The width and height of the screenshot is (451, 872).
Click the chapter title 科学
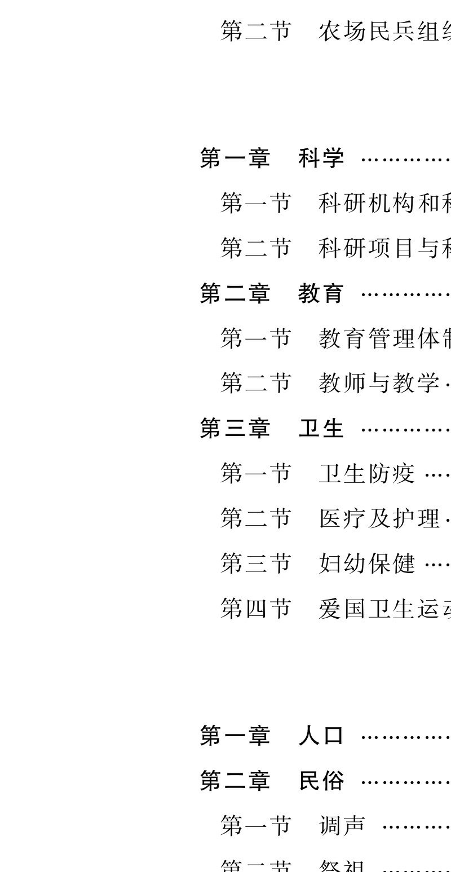coord(321,158)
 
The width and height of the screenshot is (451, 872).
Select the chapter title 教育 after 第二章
coord(321,294)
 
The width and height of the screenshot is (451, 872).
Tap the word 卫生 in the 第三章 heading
coord(321,429)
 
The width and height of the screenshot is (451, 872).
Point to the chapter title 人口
coord(321,736)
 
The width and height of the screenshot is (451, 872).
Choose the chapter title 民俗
coord(321,781)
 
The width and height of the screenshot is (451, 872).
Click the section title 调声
coord(342,826)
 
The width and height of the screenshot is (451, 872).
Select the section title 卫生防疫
coord(366,473)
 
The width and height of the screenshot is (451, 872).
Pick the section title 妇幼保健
coord(366,563)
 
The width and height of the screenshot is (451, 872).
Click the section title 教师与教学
coord(379,383)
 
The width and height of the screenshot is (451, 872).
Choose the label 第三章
coord(235,429)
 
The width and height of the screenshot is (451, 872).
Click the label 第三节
coord(255,563)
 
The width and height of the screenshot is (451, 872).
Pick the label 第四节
coord(255,609)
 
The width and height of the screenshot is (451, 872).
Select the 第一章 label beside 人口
coord(235,736)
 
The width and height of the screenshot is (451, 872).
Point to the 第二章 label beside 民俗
coord(235,781)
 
